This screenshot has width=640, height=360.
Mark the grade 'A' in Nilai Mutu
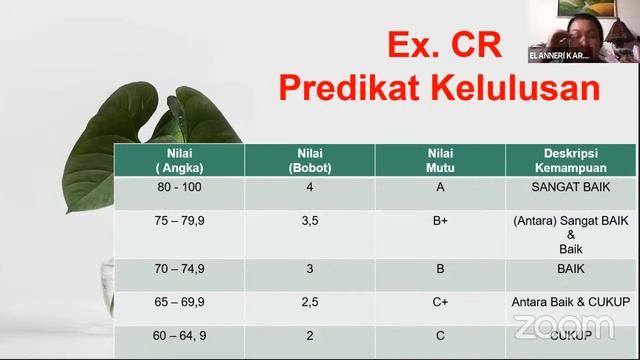coord(440,187)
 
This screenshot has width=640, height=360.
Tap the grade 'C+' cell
coord(440,299)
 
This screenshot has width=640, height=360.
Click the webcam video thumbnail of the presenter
coord(590,30)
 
